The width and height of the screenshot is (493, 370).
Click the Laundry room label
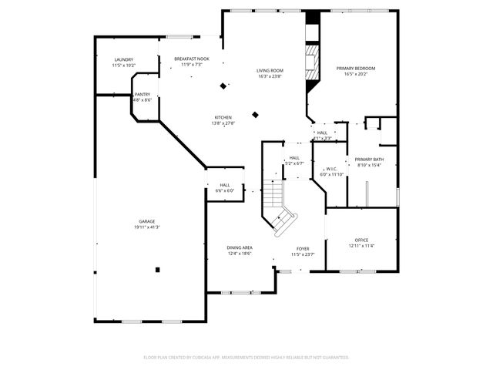pyautogui.click(x=123, y=59)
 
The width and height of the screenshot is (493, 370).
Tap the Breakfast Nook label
pyautogui.click(x=191, y=59)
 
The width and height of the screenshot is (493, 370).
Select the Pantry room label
pyautogui.click(x=143, y=94)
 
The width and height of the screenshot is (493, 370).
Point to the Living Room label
pyautogui.click(x=270, y=71)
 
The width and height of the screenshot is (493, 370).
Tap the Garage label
pyautogui.click(x=146, y=221)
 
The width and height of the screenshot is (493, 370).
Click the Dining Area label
pyautogui.click(x=239, y=247)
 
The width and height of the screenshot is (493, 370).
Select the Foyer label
pyautogui.click(x=304, y=248)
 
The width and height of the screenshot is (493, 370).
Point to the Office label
pyautogui.click(x=361, y=240)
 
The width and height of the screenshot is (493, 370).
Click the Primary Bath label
pyautogui.click(x=369, y=160)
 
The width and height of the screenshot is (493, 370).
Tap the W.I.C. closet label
pyautogui.click(x=331, y=169)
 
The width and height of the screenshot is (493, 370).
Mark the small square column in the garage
pyautogui.click(x=157, y=269)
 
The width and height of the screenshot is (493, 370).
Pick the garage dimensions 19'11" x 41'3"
pyautogui.click(x=146, y=227)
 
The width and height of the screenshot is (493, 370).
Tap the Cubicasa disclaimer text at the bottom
pyautogui.click(x=246, y=357)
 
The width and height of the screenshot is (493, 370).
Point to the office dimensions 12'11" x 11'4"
pyautogui.click(x=361, y=246)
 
